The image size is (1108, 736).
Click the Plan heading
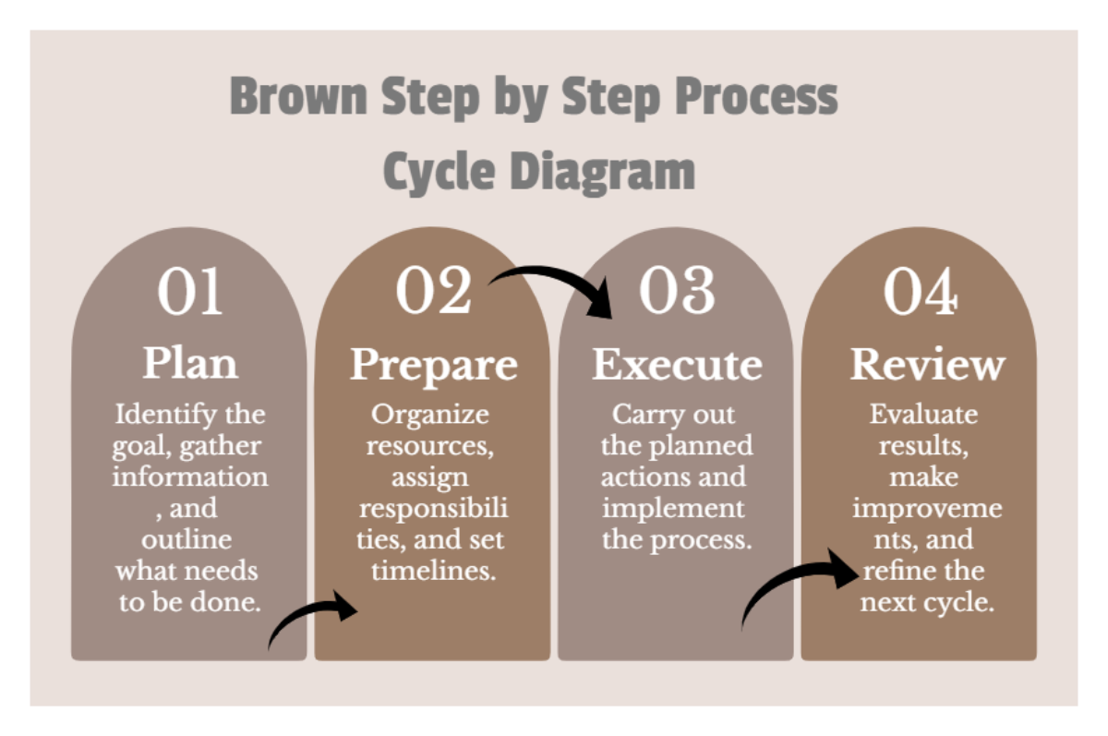189,363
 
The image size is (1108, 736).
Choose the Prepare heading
433,365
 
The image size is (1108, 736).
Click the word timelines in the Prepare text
433,571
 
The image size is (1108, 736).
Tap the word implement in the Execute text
672,508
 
